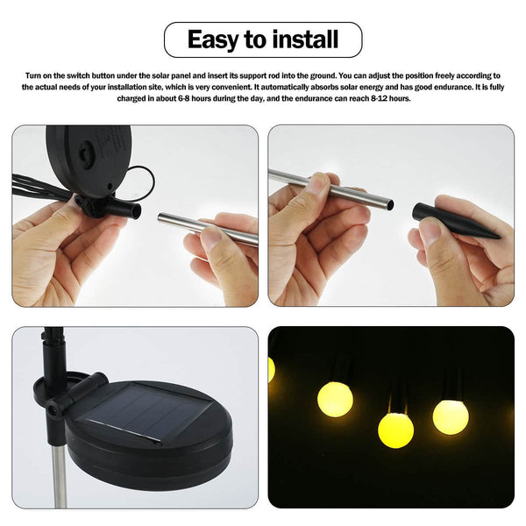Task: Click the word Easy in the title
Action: (x=214, y=39)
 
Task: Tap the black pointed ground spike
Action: (x=451, y=220)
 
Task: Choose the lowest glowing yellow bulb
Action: (x=395, y=430)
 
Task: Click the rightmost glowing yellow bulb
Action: (x=451, y=416)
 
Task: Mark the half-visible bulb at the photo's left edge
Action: (x=271, y=369)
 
